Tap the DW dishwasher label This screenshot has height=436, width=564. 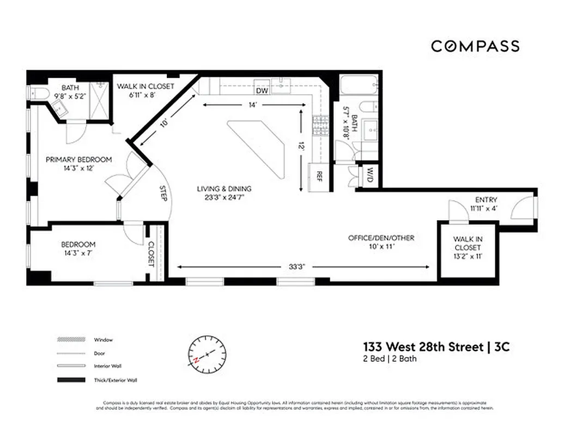coord(262,90)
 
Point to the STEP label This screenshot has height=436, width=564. coord(163,193)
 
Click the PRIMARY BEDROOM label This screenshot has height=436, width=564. coord(78,160)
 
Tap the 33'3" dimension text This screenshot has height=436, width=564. coord(297,267)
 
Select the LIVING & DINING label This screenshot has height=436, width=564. coord(225,189)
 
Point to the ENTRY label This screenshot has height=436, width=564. coord(486,200)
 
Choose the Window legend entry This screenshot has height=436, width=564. coord(103,340)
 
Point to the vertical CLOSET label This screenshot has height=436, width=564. coord(151,253)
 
